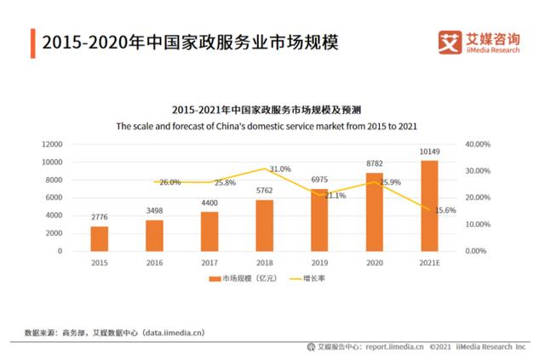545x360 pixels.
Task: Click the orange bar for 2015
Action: (100, 238)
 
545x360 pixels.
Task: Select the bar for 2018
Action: (265, 226)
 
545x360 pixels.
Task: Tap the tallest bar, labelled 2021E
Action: (429, 205)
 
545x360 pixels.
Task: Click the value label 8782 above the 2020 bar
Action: (375, 163)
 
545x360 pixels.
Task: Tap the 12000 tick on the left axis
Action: (51, 145)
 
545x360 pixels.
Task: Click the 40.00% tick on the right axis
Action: (478, 145)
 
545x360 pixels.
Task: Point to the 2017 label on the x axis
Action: (209, 263)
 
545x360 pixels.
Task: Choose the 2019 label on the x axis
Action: (319, 263)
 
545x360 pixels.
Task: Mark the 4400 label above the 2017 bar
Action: (209, 202)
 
